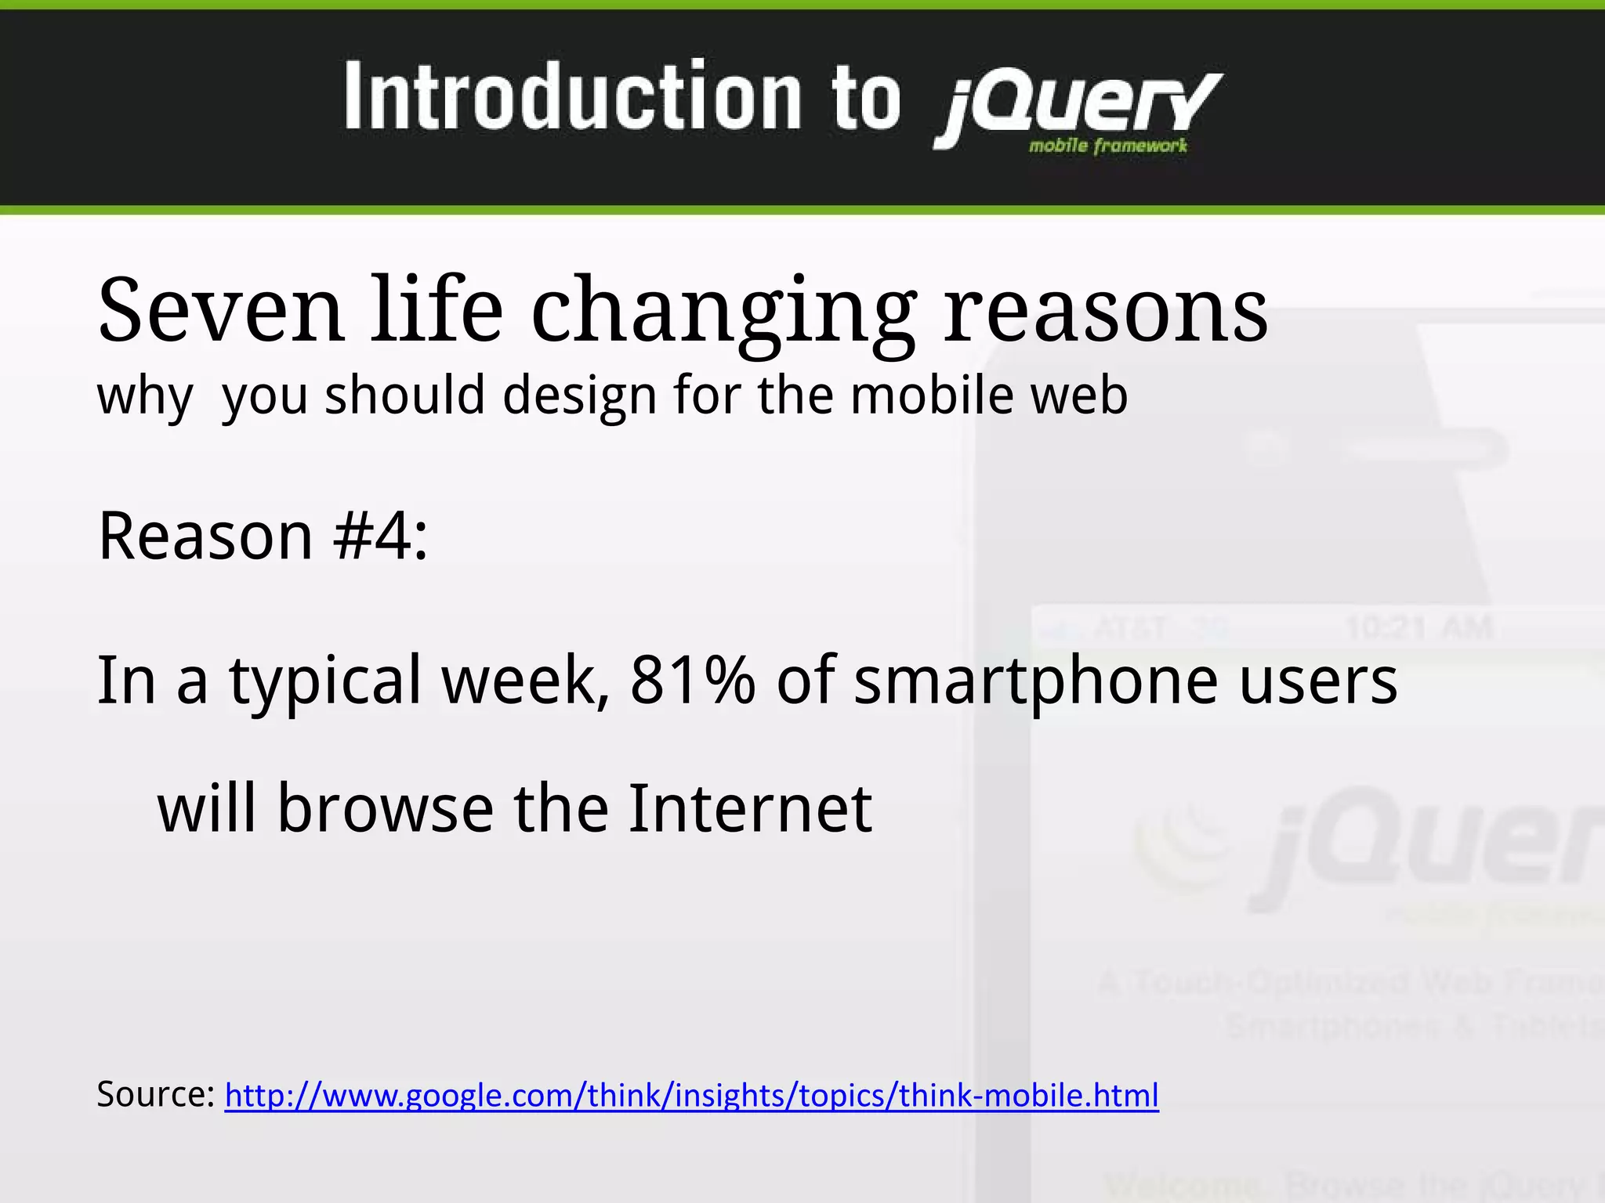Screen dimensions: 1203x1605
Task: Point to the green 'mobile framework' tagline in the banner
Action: [x=1107, y=146]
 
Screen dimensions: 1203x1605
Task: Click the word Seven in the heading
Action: [x=220, y=310]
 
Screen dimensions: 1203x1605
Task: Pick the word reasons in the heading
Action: [x=1105, y=312]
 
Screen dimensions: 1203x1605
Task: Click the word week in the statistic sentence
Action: [x=525, y=680]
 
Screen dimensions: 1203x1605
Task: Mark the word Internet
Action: [x=750, y=808]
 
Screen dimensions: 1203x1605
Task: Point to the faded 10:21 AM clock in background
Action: [x=1418, y=627]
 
